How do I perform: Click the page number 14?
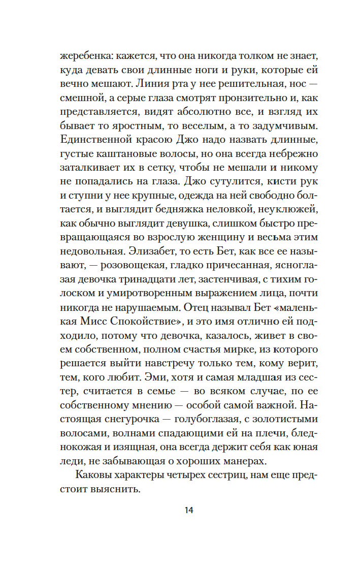189,510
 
